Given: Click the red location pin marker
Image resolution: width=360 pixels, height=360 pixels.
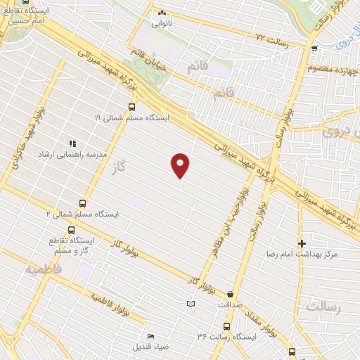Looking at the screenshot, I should point(181,165).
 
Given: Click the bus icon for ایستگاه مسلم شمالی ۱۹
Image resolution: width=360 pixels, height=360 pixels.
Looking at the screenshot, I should point(131,108).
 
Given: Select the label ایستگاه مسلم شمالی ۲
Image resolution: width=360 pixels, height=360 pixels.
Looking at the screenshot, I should point(83,213).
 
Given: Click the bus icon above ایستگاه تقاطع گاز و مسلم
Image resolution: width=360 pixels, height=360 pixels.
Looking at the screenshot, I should point(71,230).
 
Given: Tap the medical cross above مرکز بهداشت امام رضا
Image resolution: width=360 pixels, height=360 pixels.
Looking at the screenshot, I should point(302,243).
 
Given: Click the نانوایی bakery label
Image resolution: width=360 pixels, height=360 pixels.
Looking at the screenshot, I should point(163,22).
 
